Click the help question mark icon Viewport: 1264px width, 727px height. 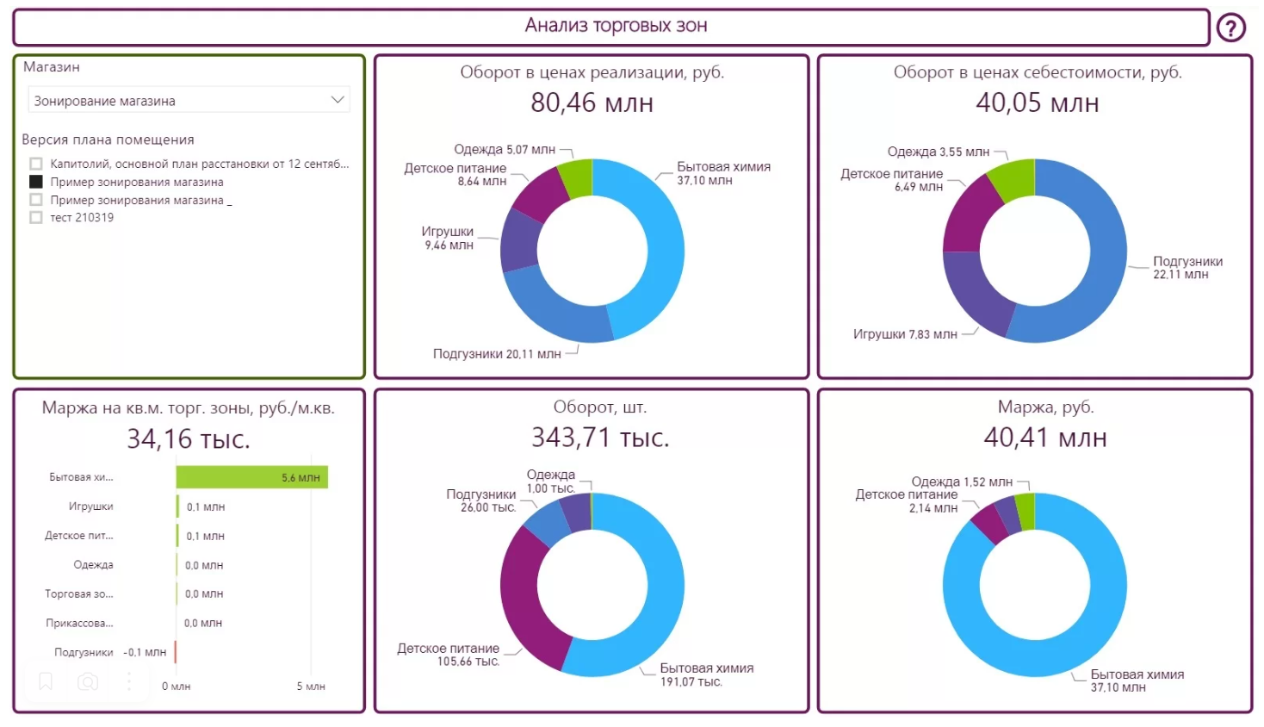click(1230, 28)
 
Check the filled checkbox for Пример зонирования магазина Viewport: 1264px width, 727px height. click(36, 182)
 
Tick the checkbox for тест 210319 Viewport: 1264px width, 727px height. click(36, 218)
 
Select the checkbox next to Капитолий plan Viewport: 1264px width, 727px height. click(36, 164)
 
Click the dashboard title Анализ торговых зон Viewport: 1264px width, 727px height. click(616, 26)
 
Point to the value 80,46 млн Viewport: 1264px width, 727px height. click(592, 103)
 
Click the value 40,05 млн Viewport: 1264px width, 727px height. click(1037, 103)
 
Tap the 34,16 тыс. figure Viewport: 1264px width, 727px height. click(189, 439)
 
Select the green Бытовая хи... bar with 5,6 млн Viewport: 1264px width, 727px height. click(251, 477)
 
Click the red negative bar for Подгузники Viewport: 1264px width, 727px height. click(176, 652)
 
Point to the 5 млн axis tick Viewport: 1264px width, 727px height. click(311, 687)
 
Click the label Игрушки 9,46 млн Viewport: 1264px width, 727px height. click(448, 239)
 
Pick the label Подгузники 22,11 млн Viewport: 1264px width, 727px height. click(1187, 268)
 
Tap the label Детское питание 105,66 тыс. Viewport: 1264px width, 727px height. click(449, 655)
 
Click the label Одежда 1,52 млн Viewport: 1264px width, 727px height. click(961, 482)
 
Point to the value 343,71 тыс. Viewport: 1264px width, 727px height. click(600, 438)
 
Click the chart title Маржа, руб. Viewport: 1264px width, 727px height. click(1045, 407)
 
